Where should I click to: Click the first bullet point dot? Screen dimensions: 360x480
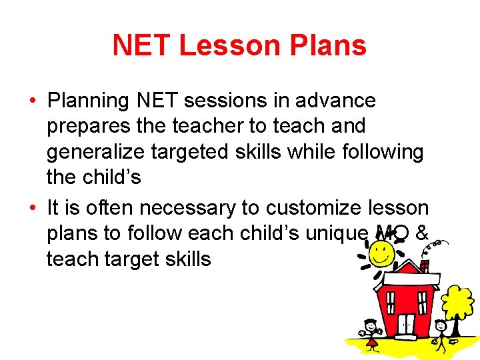coord(32,101)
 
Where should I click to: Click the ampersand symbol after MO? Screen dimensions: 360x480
coord(421,233)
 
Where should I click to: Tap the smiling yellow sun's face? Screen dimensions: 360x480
coord(381,252)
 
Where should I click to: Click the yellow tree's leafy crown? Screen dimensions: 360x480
coord(457,301)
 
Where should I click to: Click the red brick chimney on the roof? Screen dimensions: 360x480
coord(424,265)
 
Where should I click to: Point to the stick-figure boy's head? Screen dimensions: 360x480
coord(441,325)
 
